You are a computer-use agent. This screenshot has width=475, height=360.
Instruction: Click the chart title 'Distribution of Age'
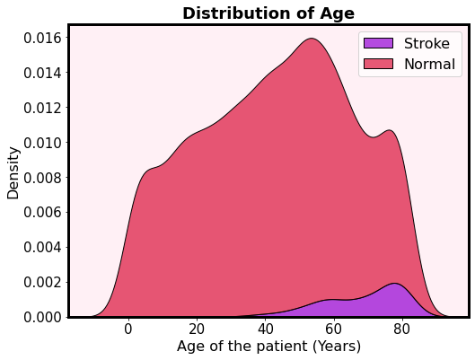pyautogui.click(x=268, y=13)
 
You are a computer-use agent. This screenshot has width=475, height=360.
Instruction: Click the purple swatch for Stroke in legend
pyautogui.click(x=377, y=44)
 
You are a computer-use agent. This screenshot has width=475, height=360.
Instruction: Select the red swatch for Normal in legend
pyautogui.click(x=377, y=64)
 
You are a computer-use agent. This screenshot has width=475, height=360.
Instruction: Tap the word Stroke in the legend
pyautogui.click(x=427, y=44)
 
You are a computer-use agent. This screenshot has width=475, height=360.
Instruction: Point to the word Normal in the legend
pyautogui.click(x=430, y=64)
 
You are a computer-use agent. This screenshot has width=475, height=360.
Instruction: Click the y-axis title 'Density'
pyautogui.click(x=13, y=172)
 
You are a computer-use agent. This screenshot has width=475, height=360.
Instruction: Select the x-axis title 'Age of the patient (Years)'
pyautogui.click(x=268, y=347)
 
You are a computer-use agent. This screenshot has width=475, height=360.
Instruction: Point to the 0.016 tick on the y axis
pyautogui.click(x=41, y=38)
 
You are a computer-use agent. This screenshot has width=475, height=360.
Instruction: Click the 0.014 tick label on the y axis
pyautogui.click(x=41, y=73)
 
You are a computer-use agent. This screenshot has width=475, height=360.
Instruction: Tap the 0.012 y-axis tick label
pyautogui.click(x=41, y=108)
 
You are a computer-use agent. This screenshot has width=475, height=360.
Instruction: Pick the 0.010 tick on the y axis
pyautogui.click(x=41, y=143)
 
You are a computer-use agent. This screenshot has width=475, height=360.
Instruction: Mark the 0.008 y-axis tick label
pyautogui.click(x=41, y=178)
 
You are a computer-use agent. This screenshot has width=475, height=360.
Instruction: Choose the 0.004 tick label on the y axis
pyautogui.click(x=41, y=247)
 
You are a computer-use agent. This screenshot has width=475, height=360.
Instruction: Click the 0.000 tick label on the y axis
pyautogui.click(x=41, y=317)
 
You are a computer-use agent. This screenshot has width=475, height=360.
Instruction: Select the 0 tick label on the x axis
pyautogui.click(x=128, y=329)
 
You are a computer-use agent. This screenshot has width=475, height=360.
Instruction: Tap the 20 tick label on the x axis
pyautogui.click(x=197, y=329)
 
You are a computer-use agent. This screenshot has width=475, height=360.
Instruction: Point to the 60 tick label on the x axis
pyautogui.click(x=333, y=329)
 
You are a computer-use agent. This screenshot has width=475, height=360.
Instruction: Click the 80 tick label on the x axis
pyautogui.click(x=401, y=329)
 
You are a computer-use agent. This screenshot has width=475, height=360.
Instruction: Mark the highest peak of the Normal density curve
pyautogui.click(x=312, y=39)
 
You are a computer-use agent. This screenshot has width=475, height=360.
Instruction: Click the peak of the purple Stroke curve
pyautogui.click(x=395, y=284)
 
